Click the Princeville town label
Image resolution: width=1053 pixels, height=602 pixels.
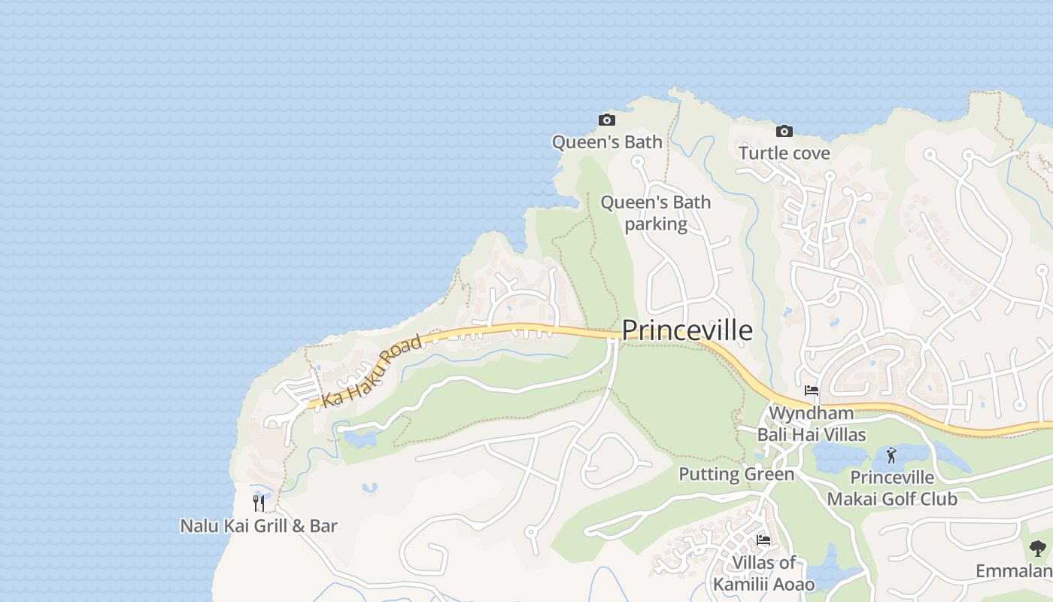click(x=687, y=330)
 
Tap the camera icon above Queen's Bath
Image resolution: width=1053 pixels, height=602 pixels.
click(x=606, y=120)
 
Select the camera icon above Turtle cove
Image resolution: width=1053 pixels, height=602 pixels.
click(x=784, y=132)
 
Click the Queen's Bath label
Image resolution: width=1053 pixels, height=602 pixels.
click(x=607, y=142)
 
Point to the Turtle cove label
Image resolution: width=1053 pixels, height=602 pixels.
click(x=784, y=154)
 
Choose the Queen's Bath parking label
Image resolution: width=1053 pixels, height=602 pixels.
click(x=655, y=213)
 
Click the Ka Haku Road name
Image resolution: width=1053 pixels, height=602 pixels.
click(x=371, y=371)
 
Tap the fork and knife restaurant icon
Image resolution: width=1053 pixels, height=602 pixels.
click(x=259, y=503)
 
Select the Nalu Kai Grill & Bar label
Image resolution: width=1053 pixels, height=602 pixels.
click(x=259, y=526)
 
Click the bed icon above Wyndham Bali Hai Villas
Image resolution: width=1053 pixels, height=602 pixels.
click(x=812, y=391)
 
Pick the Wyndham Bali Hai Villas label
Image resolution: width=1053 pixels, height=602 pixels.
click(x=812, y=424)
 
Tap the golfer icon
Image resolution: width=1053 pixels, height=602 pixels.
click(x=892, y=455)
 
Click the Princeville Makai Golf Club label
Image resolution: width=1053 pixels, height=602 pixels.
click(x=892, y=488)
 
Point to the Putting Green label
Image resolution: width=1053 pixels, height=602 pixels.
click(x=736, y=474)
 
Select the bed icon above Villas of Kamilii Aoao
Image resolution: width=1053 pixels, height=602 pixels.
click(x=763, y=540)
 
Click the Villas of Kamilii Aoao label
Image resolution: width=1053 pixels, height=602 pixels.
click(x=763, y=573)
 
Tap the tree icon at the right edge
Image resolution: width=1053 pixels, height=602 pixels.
click(x=1038, y=549)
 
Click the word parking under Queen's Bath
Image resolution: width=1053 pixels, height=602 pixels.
click(x=655, y=224)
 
